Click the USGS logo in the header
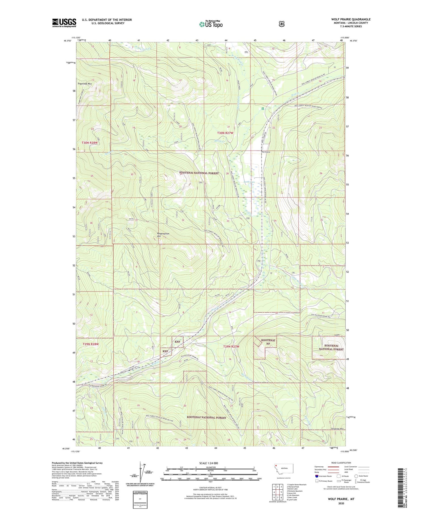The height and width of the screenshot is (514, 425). tap(64, 23)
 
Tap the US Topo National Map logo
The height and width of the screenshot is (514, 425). tap(211, 24)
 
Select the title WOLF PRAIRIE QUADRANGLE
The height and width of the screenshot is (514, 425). tap(351, 19)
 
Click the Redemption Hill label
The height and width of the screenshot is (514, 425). tap(163, 235)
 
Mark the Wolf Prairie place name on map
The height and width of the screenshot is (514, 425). tap(265, 152)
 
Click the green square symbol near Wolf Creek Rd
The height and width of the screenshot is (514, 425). tap(263, 108)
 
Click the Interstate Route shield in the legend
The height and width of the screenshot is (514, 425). tap(317, 476)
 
